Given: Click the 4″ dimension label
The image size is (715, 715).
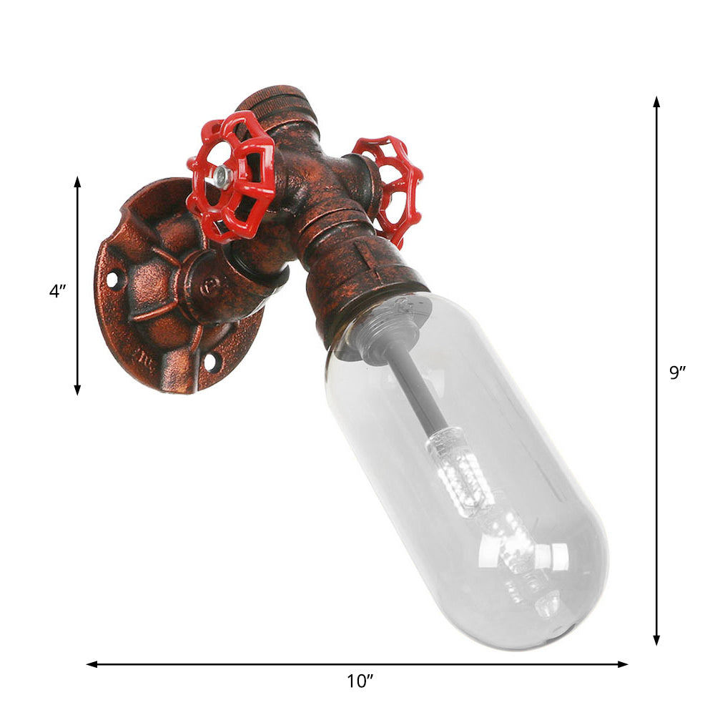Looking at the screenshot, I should [x=57, y=292].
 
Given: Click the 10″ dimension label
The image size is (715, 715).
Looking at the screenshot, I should [x=356, y=681].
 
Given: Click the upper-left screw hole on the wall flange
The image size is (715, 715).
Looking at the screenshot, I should [x=113, y=278].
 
